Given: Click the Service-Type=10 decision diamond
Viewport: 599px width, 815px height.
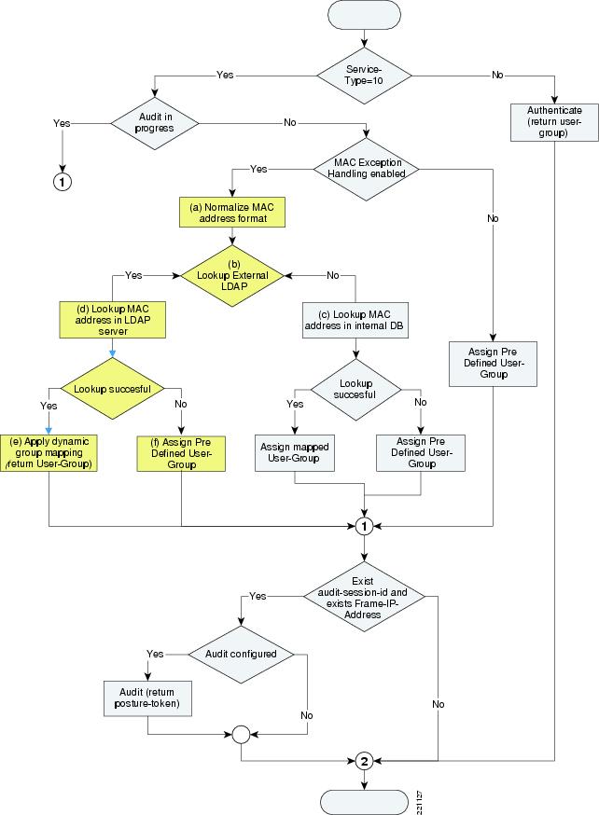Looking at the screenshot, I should point(365,75).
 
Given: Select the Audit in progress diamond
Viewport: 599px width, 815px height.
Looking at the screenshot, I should point(157,123).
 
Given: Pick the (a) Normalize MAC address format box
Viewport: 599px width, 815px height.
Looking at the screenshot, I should point(231,211).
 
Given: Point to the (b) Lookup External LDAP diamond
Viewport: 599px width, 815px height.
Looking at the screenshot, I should point(233,275).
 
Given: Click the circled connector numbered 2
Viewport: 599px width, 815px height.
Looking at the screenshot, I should point(365,761).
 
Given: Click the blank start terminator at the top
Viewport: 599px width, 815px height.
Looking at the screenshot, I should point(365,16).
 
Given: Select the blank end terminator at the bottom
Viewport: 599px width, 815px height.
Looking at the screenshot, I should point(365,801).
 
